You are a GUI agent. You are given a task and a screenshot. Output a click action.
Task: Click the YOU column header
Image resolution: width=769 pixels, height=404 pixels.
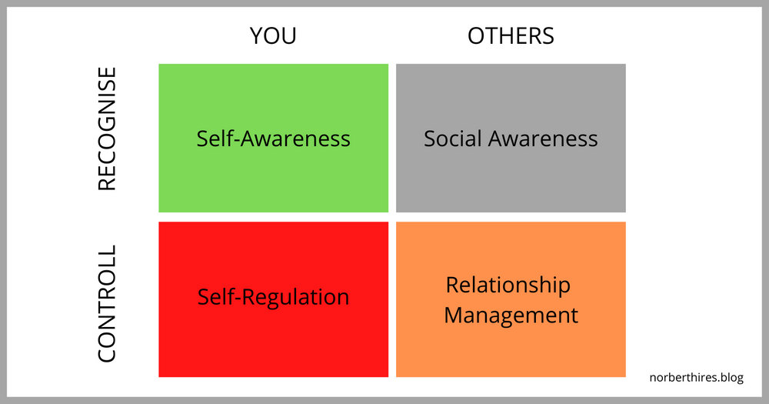click(x=273, y=35)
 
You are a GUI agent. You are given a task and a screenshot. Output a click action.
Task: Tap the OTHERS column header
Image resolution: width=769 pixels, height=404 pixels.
click(x=511, y=35)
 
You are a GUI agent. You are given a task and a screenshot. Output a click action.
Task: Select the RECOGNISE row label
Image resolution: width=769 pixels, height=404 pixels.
click(x=107, y=129)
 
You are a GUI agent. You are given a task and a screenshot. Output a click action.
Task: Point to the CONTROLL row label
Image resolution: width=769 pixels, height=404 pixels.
click(x=107, y=303)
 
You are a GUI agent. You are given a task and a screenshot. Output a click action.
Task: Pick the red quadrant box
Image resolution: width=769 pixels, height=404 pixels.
click(x=273, y=339)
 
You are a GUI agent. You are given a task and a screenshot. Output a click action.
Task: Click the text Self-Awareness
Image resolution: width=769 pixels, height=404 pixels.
click(x=273, y=139)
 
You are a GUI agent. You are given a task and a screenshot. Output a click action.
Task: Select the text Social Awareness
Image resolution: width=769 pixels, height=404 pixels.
click(x=511, y=139)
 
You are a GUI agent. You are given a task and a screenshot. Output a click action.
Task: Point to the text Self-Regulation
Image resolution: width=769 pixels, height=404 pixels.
click(x=273, y=297)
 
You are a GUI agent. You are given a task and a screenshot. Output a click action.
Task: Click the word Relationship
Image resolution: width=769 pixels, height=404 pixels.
click(x=508, y=285)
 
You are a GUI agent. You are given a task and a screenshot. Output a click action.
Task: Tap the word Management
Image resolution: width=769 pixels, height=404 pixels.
click(x=511, y=316)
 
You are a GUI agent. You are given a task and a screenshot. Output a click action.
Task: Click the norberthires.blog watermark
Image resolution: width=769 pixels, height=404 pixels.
click(x=696, y=378)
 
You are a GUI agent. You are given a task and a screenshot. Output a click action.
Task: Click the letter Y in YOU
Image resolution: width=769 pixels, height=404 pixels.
click(x=256, y=35)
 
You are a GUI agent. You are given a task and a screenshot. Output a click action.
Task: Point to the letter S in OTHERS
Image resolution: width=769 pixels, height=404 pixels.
click(x=547, y=35)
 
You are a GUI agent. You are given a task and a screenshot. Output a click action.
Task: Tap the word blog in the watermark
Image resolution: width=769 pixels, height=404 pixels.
click(x=731, y=378)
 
